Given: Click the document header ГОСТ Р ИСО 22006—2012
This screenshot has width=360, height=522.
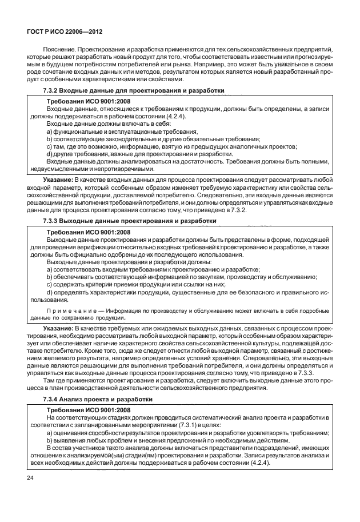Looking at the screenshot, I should (x=59, y=33).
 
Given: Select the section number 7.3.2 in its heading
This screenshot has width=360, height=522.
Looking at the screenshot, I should (x=53, y=91).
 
